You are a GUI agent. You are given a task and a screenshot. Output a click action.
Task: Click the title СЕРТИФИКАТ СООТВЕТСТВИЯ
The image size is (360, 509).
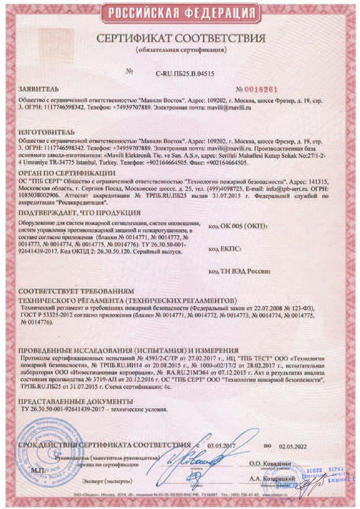click(181, 38)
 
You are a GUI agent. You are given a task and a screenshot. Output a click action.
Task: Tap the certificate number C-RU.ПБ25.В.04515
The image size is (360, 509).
click(185, 74)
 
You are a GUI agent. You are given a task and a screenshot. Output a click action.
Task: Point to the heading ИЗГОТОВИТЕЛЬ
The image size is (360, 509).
click(46, 132)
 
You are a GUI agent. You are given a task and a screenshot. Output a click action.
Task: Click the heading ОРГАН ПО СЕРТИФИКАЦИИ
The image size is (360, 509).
click(67, 173)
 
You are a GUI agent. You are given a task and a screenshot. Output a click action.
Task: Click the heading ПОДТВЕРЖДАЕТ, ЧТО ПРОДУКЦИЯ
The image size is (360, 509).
click(80, 213)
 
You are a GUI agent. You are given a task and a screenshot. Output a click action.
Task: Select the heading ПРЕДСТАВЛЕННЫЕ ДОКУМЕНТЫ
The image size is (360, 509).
click(76, 402)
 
